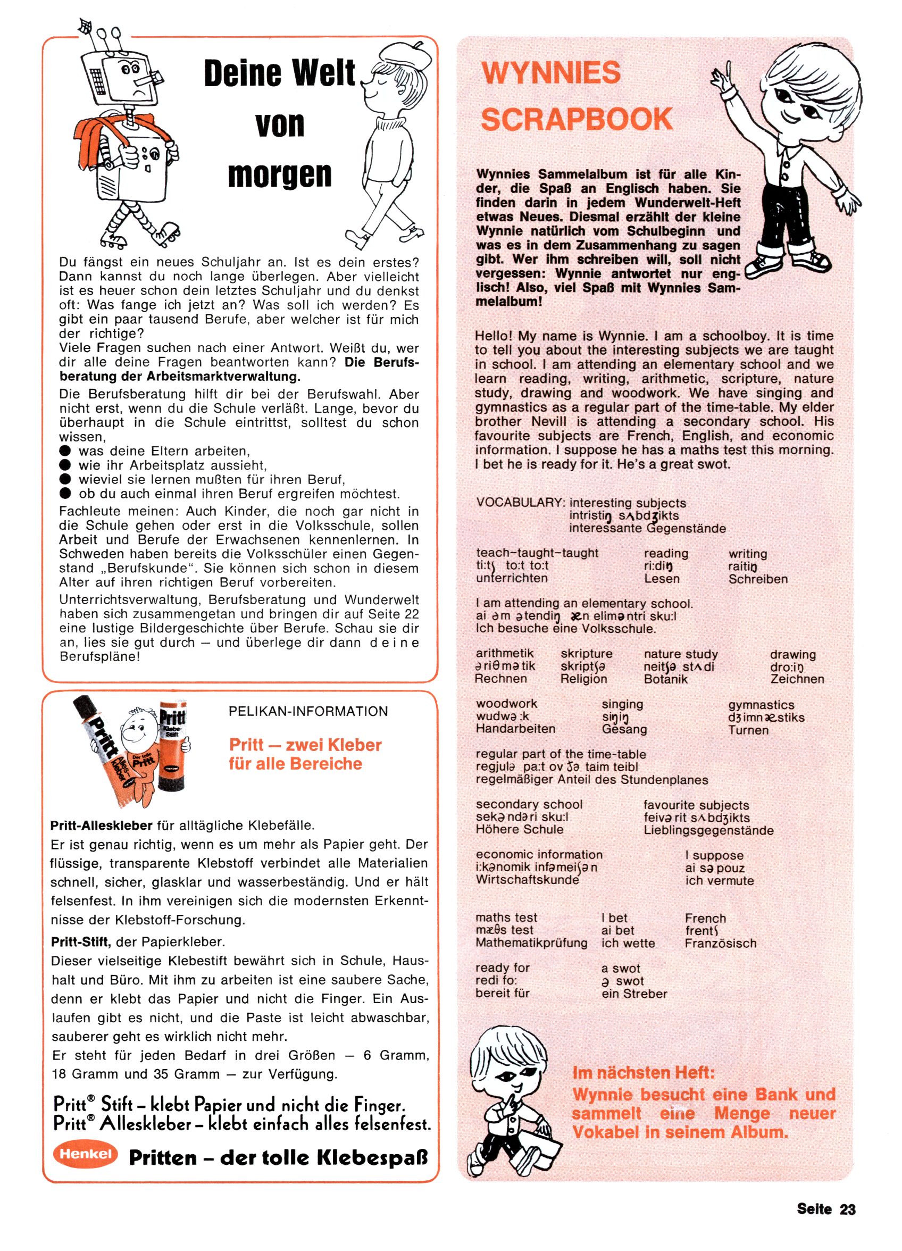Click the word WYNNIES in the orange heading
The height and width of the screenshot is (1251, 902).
[x=550, y=73]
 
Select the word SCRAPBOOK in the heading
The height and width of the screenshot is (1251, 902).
[x=577, y=119]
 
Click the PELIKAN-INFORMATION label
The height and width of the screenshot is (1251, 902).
[x=308, y=712]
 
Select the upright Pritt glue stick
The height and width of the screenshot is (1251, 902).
[x=173, y=745]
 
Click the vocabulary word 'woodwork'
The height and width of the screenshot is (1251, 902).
[x=506, y=704]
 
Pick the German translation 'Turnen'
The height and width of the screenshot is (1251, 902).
[x=748, y=730]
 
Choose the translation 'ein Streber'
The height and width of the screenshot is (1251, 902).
[x=634, y=994]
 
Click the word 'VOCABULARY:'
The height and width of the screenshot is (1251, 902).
[x=520, y=503]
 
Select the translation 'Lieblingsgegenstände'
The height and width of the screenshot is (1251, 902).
[x=708, y=830]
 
